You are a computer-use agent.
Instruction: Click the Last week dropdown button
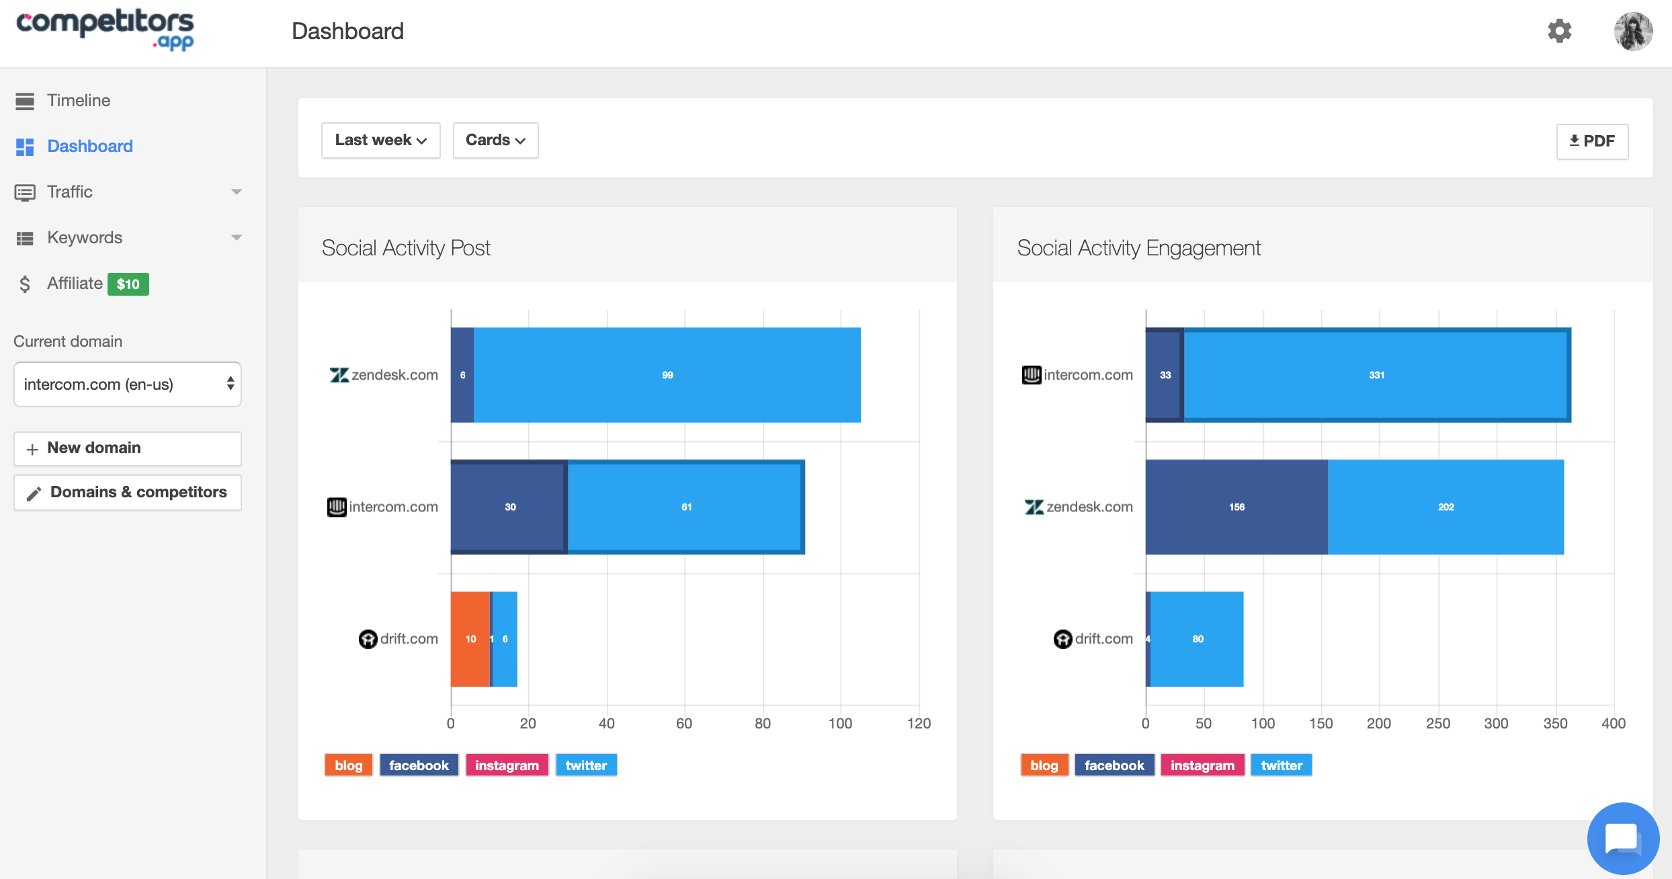coord(380,140)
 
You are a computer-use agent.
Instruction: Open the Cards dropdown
coord(495,140)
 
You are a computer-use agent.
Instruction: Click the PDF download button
coord(1591,141)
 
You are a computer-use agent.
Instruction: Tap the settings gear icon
coord(1559,31)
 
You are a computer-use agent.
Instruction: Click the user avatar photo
coord(1633,31)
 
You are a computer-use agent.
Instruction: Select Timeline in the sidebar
coord(78,101)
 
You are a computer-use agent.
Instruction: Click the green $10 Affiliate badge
coord(128,284)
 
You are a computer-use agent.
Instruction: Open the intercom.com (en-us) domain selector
coord(128,384)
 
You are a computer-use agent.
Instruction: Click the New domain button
coord(128,448)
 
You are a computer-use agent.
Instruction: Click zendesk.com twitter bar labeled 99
coord(667,375)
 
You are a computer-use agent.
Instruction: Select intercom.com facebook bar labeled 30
coord(509,507)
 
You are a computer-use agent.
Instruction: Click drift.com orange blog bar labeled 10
coord(470,638)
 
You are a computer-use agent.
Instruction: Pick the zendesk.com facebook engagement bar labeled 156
coord(1237,507)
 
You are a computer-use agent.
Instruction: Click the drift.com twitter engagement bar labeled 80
coord(1198,638)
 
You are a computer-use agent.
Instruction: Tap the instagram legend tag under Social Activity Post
coord(507,765)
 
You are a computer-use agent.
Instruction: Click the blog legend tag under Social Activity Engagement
coord(1044,765)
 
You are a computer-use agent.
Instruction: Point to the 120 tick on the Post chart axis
coord(919,723)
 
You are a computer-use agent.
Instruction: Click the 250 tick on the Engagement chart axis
coord(1437,723)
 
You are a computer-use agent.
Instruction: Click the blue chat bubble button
coord(1623,839)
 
